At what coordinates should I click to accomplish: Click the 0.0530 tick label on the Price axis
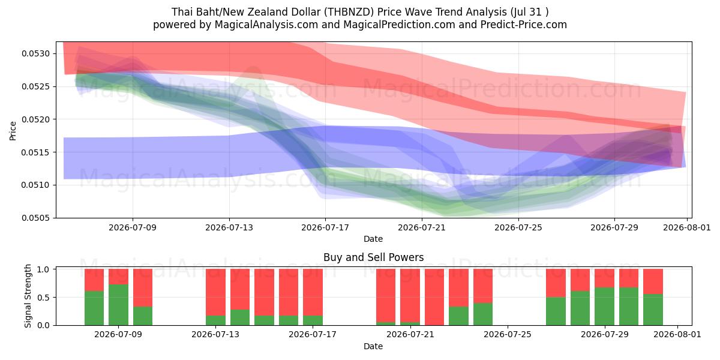coord(36,53)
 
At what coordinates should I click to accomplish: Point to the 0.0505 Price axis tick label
coord(36,218)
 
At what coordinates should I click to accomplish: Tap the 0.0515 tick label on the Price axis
coord(36,152)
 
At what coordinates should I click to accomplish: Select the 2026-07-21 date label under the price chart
coord(422,227)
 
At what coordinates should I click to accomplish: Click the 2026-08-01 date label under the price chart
coord(687,227)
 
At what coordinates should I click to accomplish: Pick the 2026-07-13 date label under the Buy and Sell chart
coord(215,334)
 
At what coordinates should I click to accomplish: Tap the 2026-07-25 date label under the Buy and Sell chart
coord(508,334)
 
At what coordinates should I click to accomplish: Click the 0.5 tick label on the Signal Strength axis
coord(43,298)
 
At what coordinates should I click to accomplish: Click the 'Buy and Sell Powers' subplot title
coord(373,257)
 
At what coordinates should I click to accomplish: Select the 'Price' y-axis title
coord(13,131)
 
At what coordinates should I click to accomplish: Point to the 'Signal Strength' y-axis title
coord(28,296)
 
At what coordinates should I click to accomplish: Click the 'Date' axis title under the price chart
coord(373,239)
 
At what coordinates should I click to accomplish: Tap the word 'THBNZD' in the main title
coord(349,12)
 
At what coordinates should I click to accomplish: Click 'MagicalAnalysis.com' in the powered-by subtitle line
coord(266,25)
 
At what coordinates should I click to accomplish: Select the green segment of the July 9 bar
coord(119,305)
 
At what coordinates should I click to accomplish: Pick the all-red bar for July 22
coord(434,297)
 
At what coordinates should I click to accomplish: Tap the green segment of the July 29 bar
coord(605,307)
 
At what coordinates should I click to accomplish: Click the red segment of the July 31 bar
coord(653,281)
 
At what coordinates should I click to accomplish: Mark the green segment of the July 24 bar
coord(483,314)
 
